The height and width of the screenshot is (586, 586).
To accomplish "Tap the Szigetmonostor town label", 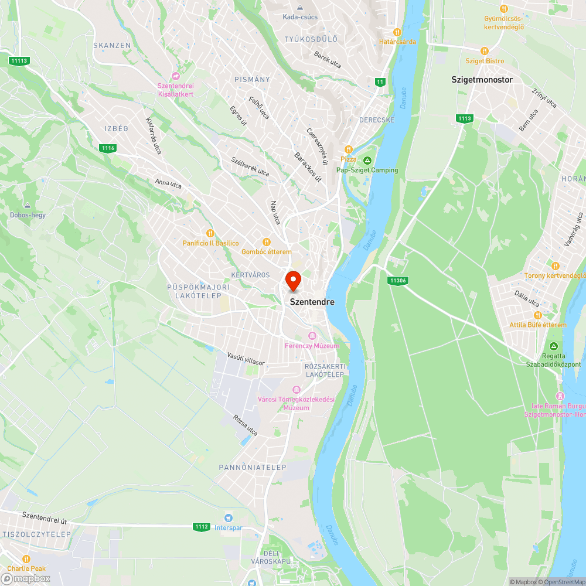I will [482, 80].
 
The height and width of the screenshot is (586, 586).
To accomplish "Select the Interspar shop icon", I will [229, 517].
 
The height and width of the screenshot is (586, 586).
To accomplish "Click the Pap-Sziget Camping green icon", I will [367, 160].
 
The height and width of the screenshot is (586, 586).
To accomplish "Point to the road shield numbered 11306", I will [397, 281].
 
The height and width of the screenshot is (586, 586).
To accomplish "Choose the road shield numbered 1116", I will [108, 148].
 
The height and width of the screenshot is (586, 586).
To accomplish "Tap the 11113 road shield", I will [19, 60].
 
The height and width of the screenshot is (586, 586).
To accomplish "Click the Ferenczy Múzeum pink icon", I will [312, 336].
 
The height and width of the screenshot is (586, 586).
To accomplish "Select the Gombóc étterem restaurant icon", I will [266, 241].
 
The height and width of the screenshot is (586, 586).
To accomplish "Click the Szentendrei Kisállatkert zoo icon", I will [175, 76].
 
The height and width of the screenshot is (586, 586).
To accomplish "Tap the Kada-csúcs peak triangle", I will [300, 8].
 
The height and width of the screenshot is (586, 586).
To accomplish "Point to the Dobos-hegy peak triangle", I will [28, 205].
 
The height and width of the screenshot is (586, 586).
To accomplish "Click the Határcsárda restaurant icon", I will [397, 32].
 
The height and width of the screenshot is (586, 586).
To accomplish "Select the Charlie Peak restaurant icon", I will [26, 558].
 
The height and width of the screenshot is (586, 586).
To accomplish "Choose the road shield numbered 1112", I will [201, 527].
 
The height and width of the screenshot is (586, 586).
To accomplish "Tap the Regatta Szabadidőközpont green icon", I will [554, 346].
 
